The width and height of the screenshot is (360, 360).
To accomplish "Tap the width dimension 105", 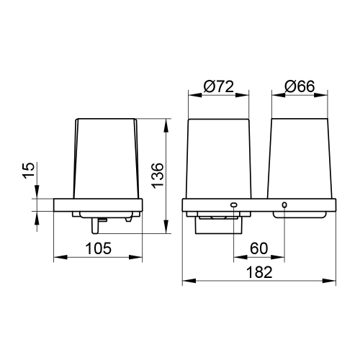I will coord(98,249).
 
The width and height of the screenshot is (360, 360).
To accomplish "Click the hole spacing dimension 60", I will coord(259,249).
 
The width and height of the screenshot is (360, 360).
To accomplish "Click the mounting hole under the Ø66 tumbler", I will coord(284,206).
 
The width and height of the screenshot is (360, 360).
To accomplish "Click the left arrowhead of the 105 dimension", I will coord(58,258).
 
